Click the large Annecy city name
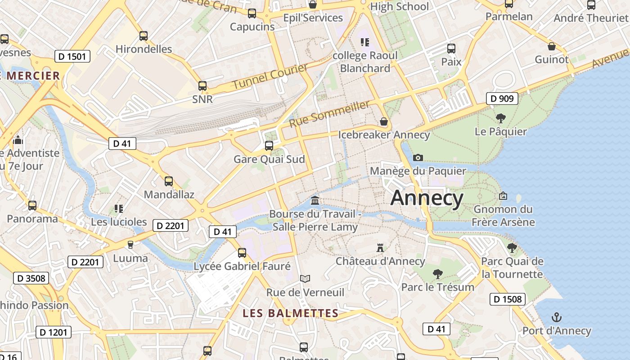coord(427,198)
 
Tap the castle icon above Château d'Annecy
coord(380,247)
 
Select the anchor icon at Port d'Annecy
coord(557,317)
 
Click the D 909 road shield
coord(502,99)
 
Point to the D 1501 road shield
coord(72,56)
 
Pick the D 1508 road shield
coord(507,299)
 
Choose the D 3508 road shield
coord(31,278)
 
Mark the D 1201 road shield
coord(54,332)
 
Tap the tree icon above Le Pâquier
coord(500,118)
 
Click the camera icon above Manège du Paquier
coord(418,157)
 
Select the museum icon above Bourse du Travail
coord(315,200)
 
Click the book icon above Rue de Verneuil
coord(305,279)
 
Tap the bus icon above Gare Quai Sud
coord(269,145)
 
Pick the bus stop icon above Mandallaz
coord(169,181)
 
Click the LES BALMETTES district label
coord(290,313)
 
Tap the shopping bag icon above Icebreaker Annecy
coord(384,121)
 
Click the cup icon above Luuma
coord(130,245)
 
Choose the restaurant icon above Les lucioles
coord(119,208)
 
